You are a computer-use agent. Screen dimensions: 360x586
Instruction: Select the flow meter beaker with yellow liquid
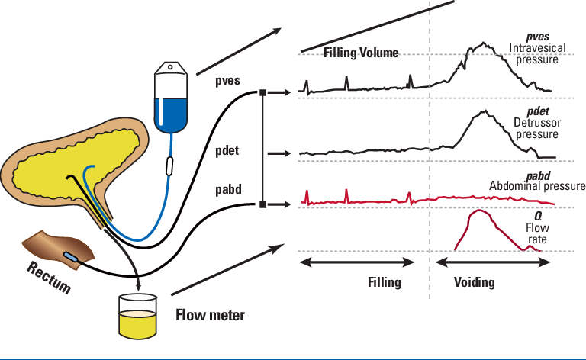pyautogui.click(x=137, y=316)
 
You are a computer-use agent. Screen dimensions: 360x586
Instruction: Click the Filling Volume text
pyautogui.click(x=362, y=53)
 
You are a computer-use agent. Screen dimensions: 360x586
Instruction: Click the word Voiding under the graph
pyautogui.click(x=474, y=282)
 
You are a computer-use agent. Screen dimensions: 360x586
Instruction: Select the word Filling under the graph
pyautogui.click(x=383, y=282)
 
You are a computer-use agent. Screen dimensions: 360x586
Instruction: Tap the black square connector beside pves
pyautogui.click(x=262, y=92)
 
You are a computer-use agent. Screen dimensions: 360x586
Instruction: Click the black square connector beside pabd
pyautogui.click(x=262, y=204)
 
